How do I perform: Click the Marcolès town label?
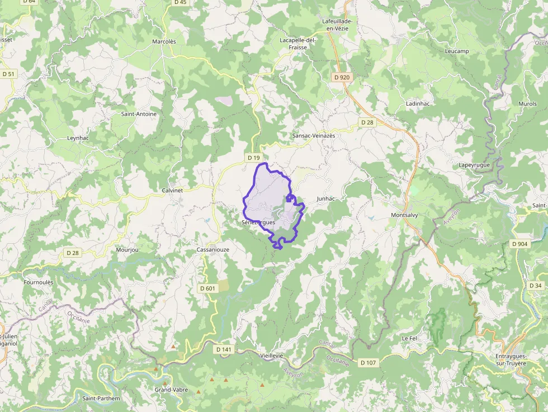pyautogui.click(x=164, y=41)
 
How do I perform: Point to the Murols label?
pyautogui.click(x=527, y=104)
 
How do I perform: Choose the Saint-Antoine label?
pyautogui.click(x=139, y=114)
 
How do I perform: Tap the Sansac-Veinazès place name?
pyautogui.click(x=314, y=136)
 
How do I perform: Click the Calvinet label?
pyautogui.click(x=172, y=190)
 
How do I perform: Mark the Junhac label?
pyautogui.click(x=325, y=198)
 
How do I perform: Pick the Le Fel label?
pyautogui.click(x=410, y=339)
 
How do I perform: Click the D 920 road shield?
pyautogui.click(x=341, y=77)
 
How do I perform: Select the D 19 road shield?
pyautogui.click(x=254, y=158)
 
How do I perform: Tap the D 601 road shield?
pyautogui.click(x=207, y=288)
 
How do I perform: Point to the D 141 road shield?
pyautogui.click(x=223, y=349)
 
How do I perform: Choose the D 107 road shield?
pyautogui.click(x=369, y=363)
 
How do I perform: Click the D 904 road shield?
pyautogui.click(x=519, y=244)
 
